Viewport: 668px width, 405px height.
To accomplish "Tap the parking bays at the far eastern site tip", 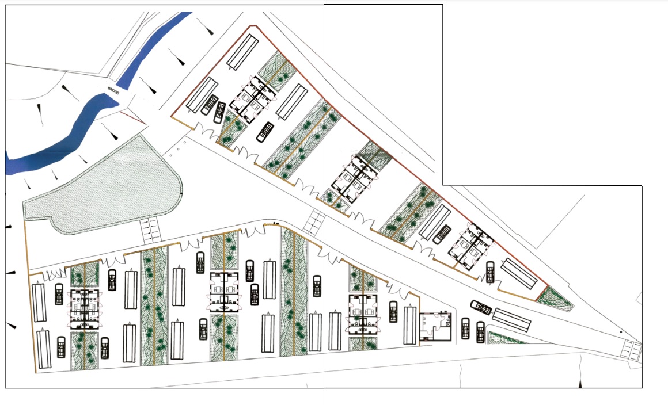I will pos(632,350).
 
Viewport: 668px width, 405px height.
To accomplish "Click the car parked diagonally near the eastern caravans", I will pos(480,308).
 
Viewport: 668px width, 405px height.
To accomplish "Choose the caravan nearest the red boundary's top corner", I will pos(242,52).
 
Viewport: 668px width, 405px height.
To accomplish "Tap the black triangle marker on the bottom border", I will pos(580,381).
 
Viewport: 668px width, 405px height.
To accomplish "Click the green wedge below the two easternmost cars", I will pos(506,338).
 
